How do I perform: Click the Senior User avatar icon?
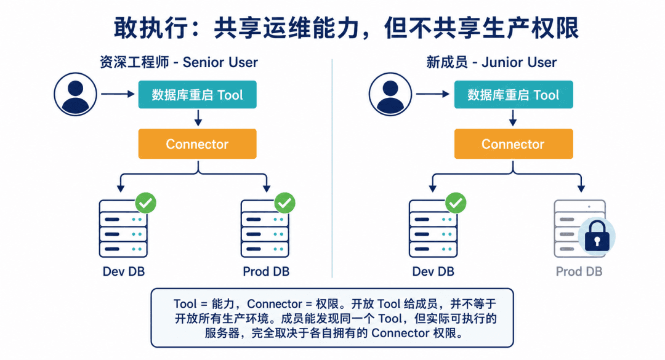click(x=75, y=94)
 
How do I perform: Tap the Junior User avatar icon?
click(x=390, y=94)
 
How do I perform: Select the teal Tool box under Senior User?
click(x=197, y=95)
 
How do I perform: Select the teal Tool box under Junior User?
click(x=514, y=95)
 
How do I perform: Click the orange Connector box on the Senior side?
click(x=197, y=144)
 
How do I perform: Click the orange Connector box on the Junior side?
click(x=514, y=144)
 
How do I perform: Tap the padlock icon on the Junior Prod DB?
click(x=597, y=236)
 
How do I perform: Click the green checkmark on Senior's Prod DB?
click(x=284, y=203)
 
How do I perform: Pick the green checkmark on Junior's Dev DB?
click(x=456, y=203)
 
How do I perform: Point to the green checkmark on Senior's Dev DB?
click(x=145, y=203)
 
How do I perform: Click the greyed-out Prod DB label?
click(x=579, y=271)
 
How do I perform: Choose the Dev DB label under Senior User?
click(x=124, y=271)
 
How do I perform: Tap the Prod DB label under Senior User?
click(x=266, y=271)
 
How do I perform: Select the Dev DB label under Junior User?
click(x=433, y=271)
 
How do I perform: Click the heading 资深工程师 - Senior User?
click(x=179, y=62)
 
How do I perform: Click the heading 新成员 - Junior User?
click(x=491, y=62)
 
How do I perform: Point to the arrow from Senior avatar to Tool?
click(x=118, y=94)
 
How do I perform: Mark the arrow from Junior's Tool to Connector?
click(x=513, y=118)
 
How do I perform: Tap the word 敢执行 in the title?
click(x=151, y=28)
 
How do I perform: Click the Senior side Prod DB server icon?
click(x=265, y=228)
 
